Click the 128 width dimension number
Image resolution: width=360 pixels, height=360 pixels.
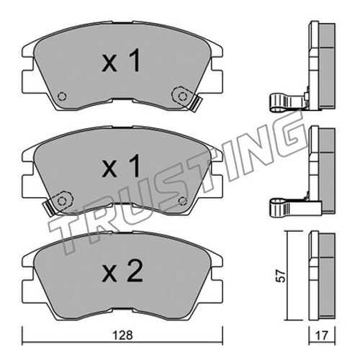(x=122, y=336)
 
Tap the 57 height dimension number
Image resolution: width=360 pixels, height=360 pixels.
(x=281, y=276)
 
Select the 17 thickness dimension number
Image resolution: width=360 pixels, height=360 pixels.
(x=322, y=336)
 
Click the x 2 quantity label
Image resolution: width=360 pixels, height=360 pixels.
(x=122, y=271)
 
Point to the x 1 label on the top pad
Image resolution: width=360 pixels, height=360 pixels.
(x=121, y=60)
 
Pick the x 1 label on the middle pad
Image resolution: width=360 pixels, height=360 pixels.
(x=121, y=166)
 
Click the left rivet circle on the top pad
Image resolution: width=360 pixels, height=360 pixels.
(x=62, y=96)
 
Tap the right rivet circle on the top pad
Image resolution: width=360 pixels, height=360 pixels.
(x=182, y=96)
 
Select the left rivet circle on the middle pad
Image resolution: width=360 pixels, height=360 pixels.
(x=63, y=200)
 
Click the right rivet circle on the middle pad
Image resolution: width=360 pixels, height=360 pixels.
(x=183, y=201)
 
